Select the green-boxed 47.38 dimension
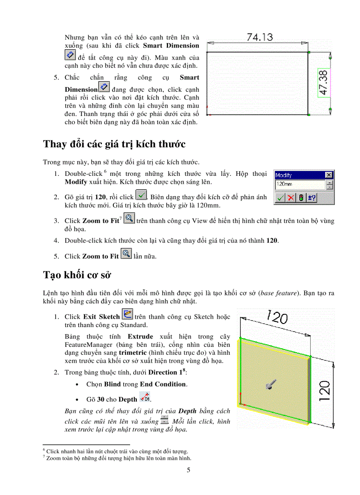point(323,83)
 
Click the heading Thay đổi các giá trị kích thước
point(114,144)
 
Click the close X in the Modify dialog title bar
point(329,175)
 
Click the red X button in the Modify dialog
point(290,198)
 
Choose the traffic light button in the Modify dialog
point(301,198)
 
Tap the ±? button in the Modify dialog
point(311,198)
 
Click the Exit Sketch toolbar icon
point(127,314)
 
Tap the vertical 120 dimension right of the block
point(325,391)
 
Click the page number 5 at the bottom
point(188,470)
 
